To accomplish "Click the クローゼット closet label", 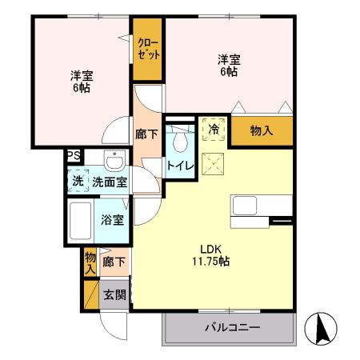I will click(x=149, y=48).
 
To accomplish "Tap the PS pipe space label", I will click(x=73, y=157).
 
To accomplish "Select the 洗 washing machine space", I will click(x=78, y=181).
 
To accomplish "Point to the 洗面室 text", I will click(x=109, y=182).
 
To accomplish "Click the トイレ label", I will click(x=178, y=166).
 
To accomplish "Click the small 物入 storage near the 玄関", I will click(x=90, y=262).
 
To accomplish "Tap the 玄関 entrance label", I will click(x=114, y=294).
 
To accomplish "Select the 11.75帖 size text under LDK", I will click(x=210, y=261).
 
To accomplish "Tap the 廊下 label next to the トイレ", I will click(x=146, y=135).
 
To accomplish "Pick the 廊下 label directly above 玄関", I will click(x=114, y=261).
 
